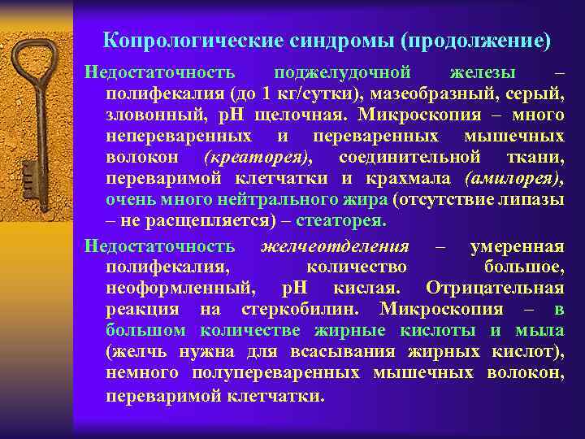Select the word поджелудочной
tap(342, 73)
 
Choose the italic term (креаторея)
tap(258, 157)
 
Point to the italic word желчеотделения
tap(335, 246)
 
